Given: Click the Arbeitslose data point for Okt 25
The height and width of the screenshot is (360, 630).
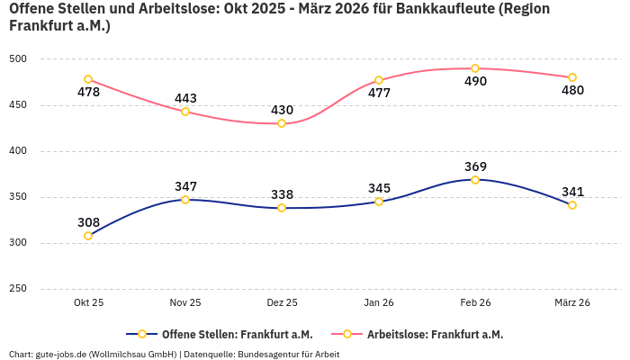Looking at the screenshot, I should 88,79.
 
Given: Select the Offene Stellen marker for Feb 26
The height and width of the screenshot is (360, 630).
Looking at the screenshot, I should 475,180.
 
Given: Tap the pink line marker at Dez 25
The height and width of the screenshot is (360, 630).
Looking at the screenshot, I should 282,123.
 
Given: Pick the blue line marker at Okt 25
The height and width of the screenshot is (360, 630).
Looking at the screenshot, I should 88,236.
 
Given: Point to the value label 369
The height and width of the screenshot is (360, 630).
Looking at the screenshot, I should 475,166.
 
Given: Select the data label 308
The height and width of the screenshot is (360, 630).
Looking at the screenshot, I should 88,222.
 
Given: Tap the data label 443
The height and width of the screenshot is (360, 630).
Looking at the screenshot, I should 185,98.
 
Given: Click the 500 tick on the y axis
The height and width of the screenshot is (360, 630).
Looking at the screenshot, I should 18,59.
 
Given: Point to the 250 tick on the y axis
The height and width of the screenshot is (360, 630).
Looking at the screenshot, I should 18,289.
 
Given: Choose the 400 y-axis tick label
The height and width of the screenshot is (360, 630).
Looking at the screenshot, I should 18,151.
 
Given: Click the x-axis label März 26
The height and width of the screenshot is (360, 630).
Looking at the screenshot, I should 571,303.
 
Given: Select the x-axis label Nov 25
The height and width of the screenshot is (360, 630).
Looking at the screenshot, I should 185,303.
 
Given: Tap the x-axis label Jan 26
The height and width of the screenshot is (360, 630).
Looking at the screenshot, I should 379,303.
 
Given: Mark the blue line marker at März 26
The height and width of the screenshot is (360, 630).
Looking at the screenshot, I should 572,205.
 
